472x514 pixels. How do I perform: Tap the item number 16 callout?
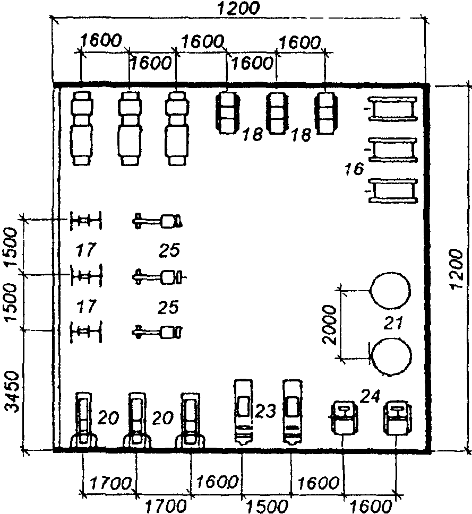point(354,169)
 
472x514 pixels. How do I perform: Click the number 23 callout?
point(265,411)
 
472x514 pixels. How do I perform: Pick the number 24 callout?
point(370,396)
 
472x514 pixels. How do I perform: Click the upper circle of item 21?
point(390,291)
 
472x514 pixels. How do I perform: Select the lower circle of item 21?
point(391,356)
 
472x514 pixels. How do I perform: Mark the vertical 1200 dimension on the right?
point(456,269)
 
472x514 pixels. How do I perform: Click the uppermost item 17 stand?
point(86,220)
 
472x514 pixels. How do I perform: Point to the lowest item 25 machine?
point(157,332)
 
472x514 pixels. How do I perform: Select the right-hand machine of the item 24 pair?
point(398,417)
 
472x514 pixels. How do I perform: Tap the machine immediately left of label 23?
point(243,412)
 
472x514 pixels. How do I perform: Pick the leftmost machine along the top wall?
point(81,128)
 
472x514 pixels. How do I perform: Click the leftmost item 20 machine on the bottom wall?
point(84,420)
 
